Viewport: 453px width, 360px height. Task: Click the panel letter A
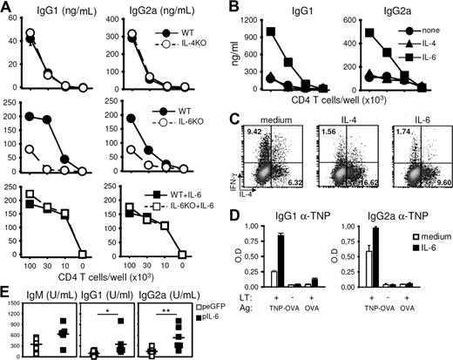7,8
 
